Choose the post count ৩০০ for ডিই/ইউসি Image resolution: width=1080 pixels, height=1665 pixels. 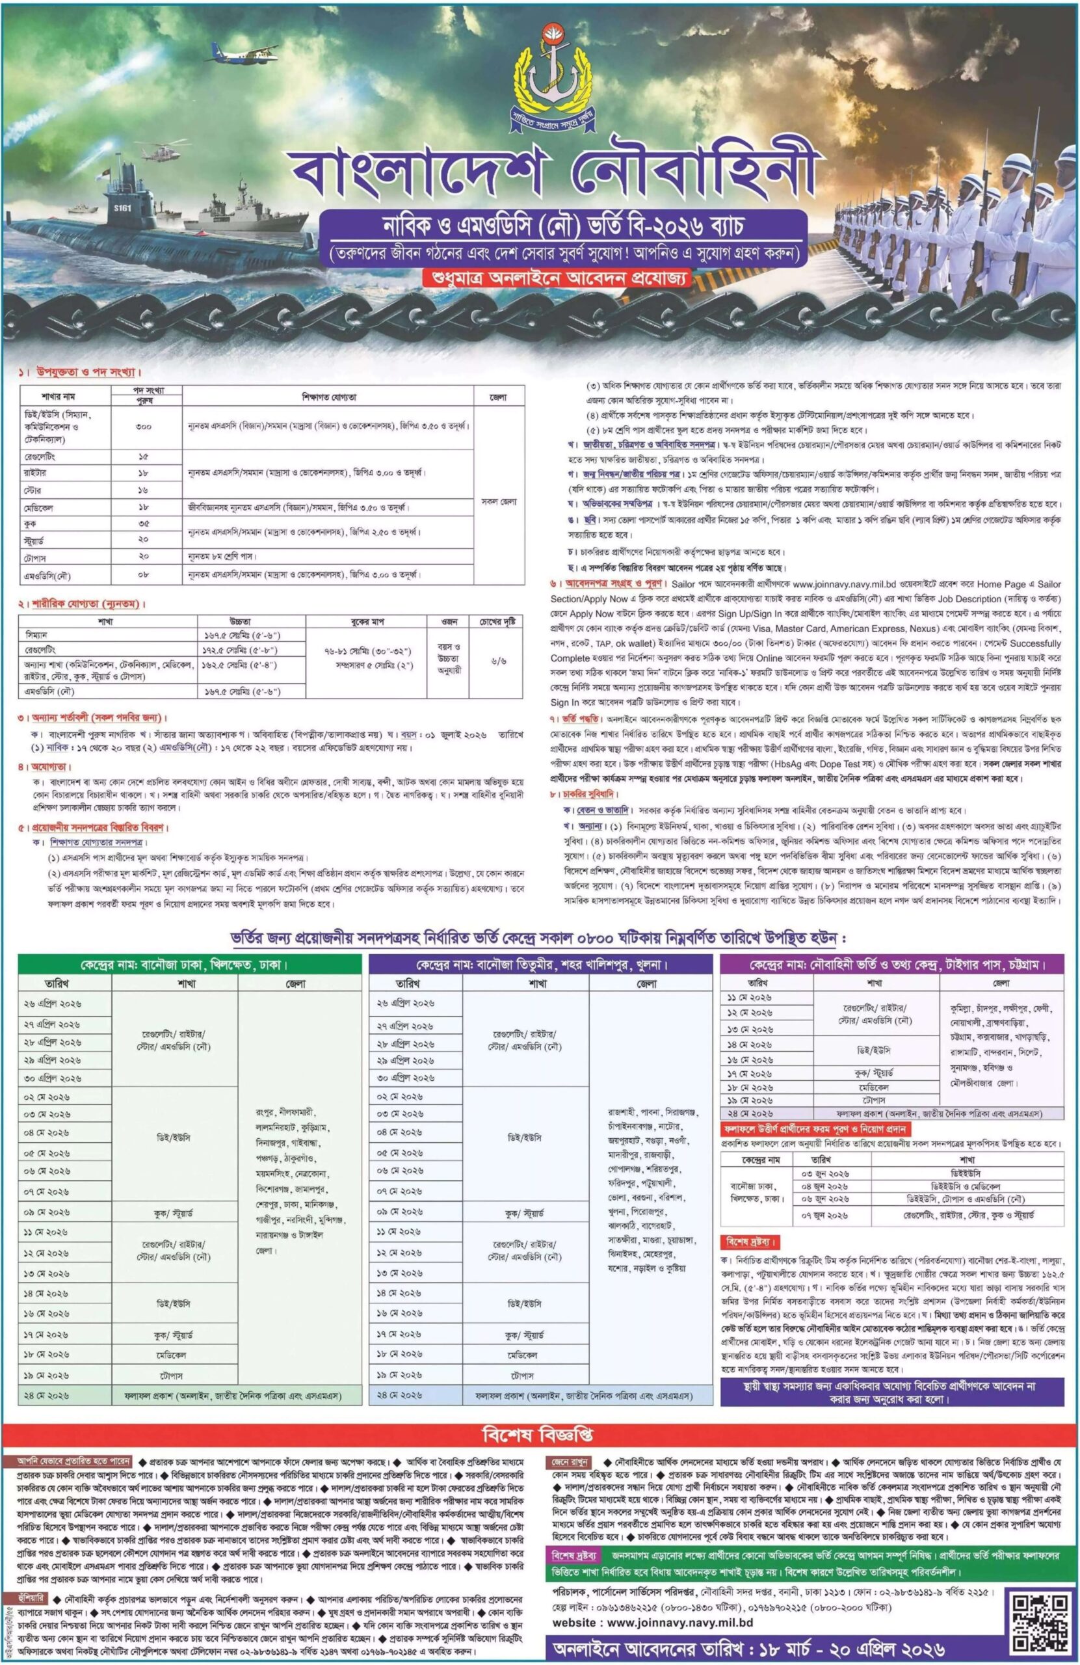(x=146, y=426)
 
